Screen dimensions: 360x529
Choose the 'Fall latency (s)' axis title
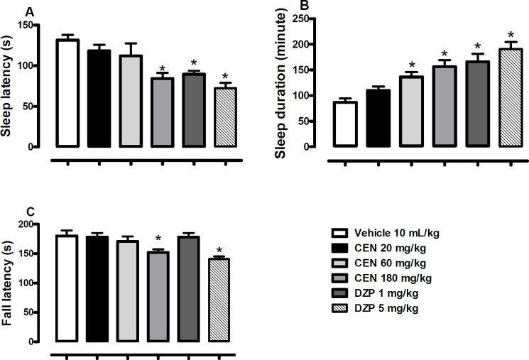(x=10, y=282)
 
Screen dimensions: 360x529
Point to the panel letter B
(x=305, y=6)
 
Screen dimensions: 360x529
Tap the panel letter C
(x=28, y=211)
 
